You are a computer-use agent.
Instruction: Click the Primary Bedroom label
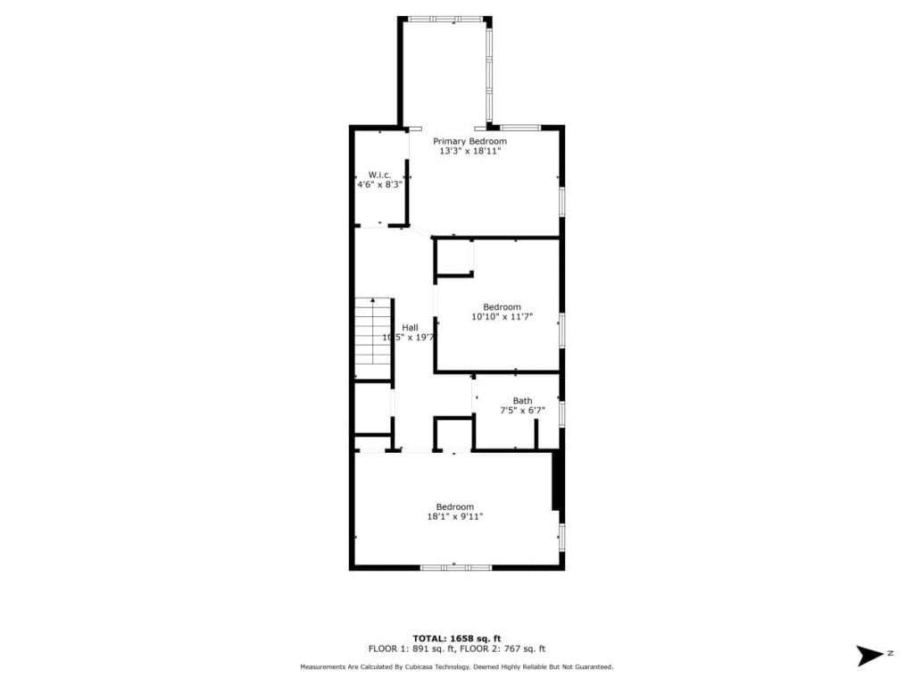(469, 141)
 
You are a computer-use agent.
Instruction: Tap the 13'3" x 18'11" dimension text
(469, 151)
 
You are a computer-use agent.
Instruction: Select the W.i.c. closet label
(379, 175)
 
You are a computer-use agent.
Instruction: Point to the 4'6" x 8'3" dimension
(379, 185)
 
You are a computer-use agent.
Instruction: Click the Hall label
(410, 328)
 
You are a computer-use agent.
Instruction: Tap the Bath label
(522, 401)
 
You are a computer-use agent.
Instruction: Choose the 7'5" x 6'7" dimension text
(522, 411)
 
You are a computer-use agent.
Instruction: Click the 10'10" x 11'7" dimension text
(502, 317)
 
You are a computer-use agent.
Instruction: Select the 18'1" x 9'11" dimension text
(454, 517)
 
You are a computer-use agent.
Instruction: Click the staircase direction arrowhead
(373, 300)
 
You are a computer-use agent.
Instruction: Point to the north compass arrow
(869, 656)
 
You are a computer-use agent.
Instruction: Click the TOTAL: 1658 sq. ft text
(457, 639)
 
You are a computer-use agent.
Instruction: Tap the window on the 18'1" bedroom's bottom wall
(456, 567)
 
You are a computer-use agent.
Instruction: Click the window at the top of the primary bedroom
(446, 20)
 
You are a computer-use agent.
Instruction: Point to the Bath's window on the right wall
(562, 413)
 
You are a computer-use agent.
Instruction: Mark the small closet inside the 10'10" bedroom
(453, 256)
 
